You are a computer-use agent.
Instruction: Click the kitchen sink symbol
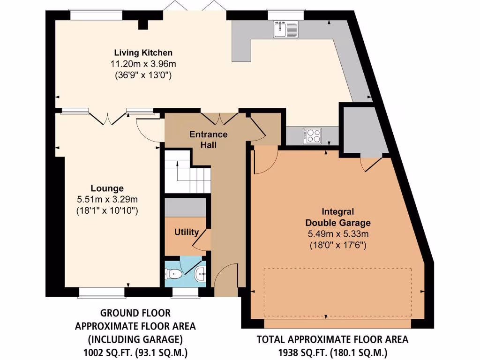click(286, 30)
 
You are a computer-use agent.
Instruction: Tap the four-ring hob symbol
click(313, 135)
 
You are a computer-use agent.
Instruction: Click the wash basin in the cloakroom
click(201, 271)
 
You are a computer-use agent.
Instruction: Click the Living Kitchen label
click(143, 52)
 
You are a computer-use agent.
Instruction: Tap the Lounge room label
click(107, 188)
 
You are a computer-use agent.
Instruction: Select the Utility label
click(187, 232)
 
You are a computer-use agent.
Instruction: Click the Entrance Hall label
click(209, 140)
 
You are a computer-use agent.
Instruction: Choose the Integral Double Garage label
click(337, 217)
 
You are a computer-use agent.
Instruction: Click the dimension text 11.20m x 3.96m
click(143, 64)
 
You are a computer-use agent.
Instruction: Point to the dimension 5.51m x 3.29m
click(107, 200)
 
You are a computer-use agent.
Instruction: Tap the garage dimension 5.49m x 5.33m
click(337, 233)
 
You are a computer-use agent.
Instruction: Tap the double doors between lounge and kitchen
click(107, 118)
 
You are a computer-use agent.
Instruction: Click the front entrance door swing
click(225, 277)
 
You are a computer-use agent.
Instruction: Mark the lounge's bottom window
click(102, 292)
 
